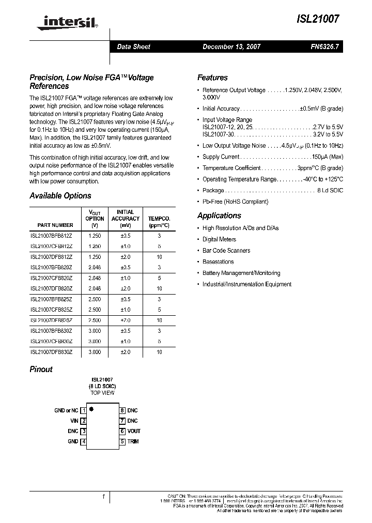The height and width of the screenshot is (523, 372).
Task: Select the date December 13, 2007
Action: [x=231, y=47]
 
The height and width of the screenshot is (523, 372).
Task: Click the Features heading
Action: [x=212, y=78]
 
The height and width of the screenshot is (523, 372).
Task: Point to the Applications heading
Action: [x=219, y=216]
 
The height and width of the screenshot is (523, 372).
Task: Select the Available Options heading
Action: [x=60, y=196]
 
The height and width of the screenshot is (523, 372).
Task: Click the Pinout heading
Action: [x=41, y=369]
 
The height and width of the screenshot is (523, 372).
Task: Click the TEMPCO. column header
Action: [x=159, y=219]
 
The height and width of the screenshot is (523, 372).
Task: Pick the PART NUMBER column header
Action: [x=55, y=225]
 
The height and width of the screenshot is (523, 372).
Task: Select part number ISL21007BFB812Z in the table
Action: [x=52, y=235]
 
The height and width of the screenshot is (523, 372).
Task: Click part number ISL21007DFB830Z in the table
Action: [x=52, y=352]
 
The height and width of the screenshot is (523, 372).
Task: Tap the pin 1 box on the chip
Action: [x=83, y=410]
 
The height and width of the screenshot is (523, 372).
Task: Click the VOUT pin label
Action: [x=134, y=431]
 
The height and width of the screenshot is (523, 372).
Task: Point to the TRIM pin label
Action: [x=133, y=441]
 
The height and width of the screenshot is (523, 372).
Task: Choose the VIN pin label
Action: [x=74, y=421]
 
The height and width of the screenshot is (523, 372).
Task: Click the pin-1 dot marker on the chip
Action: [x=91, y=409]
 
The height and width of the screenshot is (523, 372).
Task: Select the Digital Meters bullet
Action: [x=219, y=239]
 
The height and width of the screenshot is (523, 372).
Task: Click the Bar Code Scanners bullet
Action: [x=226, y=251]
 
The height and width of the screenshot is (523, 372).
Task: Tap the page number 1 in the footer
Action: [x=104, y=497]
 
